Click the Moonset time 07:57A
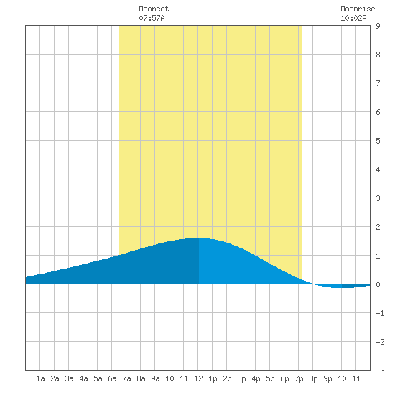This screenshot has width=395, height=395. [x=152, y=18]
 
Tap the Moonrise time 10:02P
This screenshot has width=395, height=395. [x=353, y=18]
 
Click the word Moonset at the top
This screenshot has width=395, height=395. [x=154, y=9]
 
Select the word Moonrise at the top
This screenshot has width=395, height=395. [x=358, y=9]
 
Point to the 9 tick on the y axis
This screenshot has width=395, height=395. [x=378, y=26]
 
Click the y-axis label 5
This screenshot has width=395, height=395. [x=378, y=141]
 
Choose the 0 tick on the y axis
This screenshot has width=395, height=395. [x=378, y=284]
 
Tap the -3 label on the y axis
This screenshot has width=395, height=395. [x=380, y=371]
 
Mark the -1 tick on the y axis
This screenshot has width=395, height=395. [x=380, y=313]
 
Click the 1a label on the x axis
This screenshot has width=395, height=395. [x=40, y=378]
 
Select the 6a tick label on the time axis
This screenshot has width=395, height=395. [x=112, y=378]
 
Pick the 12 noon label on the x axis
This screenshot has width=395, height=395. [x=198, y=378]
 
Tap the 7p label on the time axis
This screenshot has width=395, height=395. [x=299, y=378]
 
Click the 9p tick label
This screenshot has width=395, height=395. [x=327, y=378]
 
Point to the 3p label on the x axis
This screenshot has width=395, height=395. [x=241, y=378]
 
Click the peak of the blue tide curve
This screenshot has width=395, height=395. [x=198, y=238]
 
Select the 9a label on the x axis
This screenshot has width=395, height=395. [x=155, y=378]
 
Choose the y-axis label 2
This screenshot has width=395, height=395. [x=378, y=227]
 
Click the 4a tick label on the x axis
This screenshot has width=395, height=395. [x=83, y=378]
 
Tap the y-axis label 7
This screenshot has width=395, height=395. [x=378, y=83]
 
